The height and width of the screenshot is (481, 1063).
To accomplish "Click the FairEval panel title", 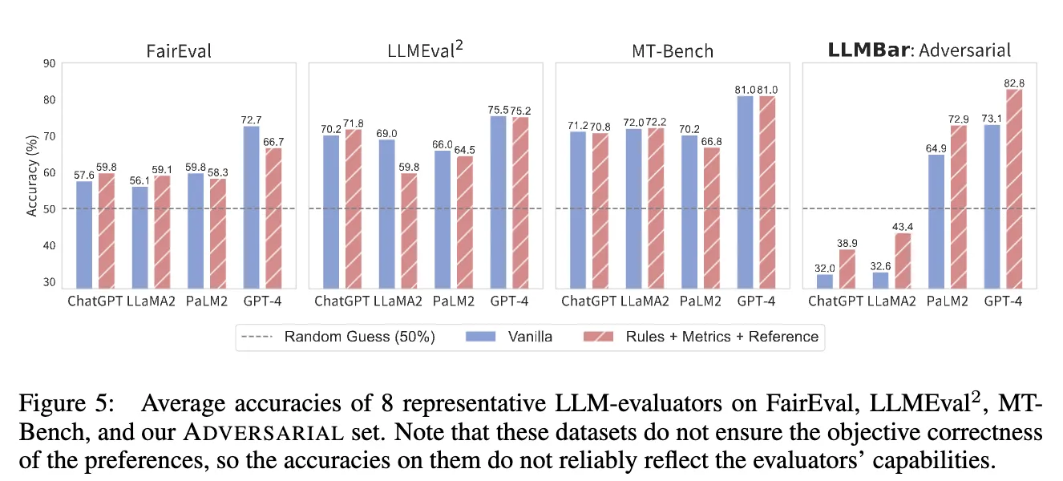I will [180, 51].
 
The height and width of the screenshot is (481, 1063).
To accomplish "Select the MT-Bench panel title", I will [673, 51].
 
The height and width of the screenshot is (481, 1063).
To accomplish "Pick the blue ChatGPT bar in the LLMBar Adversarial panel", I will [825, 281].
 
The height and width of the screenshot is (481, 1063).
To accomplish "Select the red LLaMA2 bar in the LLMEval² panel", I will [408, 231].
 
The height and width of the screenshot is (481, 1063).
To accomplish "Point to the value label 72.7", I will [251, 119].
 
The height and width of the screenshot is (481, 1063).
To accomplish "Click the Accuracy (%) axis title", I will [32, 173].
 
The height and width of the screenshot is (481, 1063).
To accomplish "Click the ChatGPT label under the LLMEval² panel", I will [342, 301].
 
